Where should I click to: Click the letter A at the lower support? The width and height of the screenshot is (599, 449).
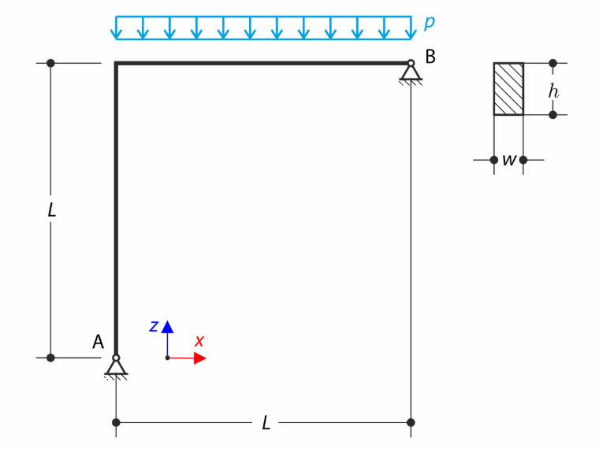pos(99,342)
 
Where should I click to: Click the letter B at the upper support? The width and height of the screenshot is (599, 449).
pos(430,57)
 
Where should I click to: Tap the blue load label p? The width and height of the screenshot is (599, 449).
pos(430,22)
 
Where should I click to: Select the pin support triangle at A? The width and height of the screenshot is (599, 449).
pos(116,367)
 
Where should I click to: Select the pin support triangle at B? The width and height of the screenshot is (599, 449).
pos(411,72)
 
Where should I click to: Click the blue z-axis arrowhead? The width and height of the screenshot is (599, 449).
pos(167,327)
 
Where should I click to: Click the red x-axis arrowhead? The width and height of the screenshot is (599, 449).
pos(199,358)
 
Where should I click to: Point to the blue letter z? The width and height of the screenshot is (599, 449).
pos(154,326)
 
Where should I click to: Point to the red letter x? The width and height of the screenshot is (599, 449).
pos(199,340)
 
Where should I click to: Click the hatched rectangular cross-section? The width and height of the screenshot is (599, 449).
pos(508,89)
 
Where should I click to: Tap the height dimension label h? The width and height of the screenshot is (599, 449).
pos(553,91)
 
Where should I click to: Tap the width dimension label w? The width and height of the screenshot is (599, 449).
pos(509,160)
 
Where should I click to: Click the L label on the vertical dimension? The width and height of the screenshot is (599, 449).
pos(51,210)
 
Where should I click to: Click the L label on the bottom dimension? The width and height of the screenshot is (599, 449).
pos(266,423)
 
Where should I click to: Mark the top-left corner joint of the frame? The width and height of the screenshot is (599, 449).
pos(116,63)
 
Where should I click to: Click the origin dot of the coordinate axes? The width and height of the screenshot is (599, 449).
pos(167,358)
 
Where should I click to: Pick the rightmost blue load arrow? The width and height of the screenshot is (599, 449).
pos(411,28)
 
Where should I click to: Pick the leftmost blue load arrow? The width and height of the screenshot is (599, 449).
pos(116,28)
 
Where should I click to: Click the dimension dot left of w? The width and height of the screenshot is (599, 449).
pos(494,160)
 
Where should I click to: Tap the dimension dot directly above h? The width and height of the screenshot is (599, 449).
pos(552,63)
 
